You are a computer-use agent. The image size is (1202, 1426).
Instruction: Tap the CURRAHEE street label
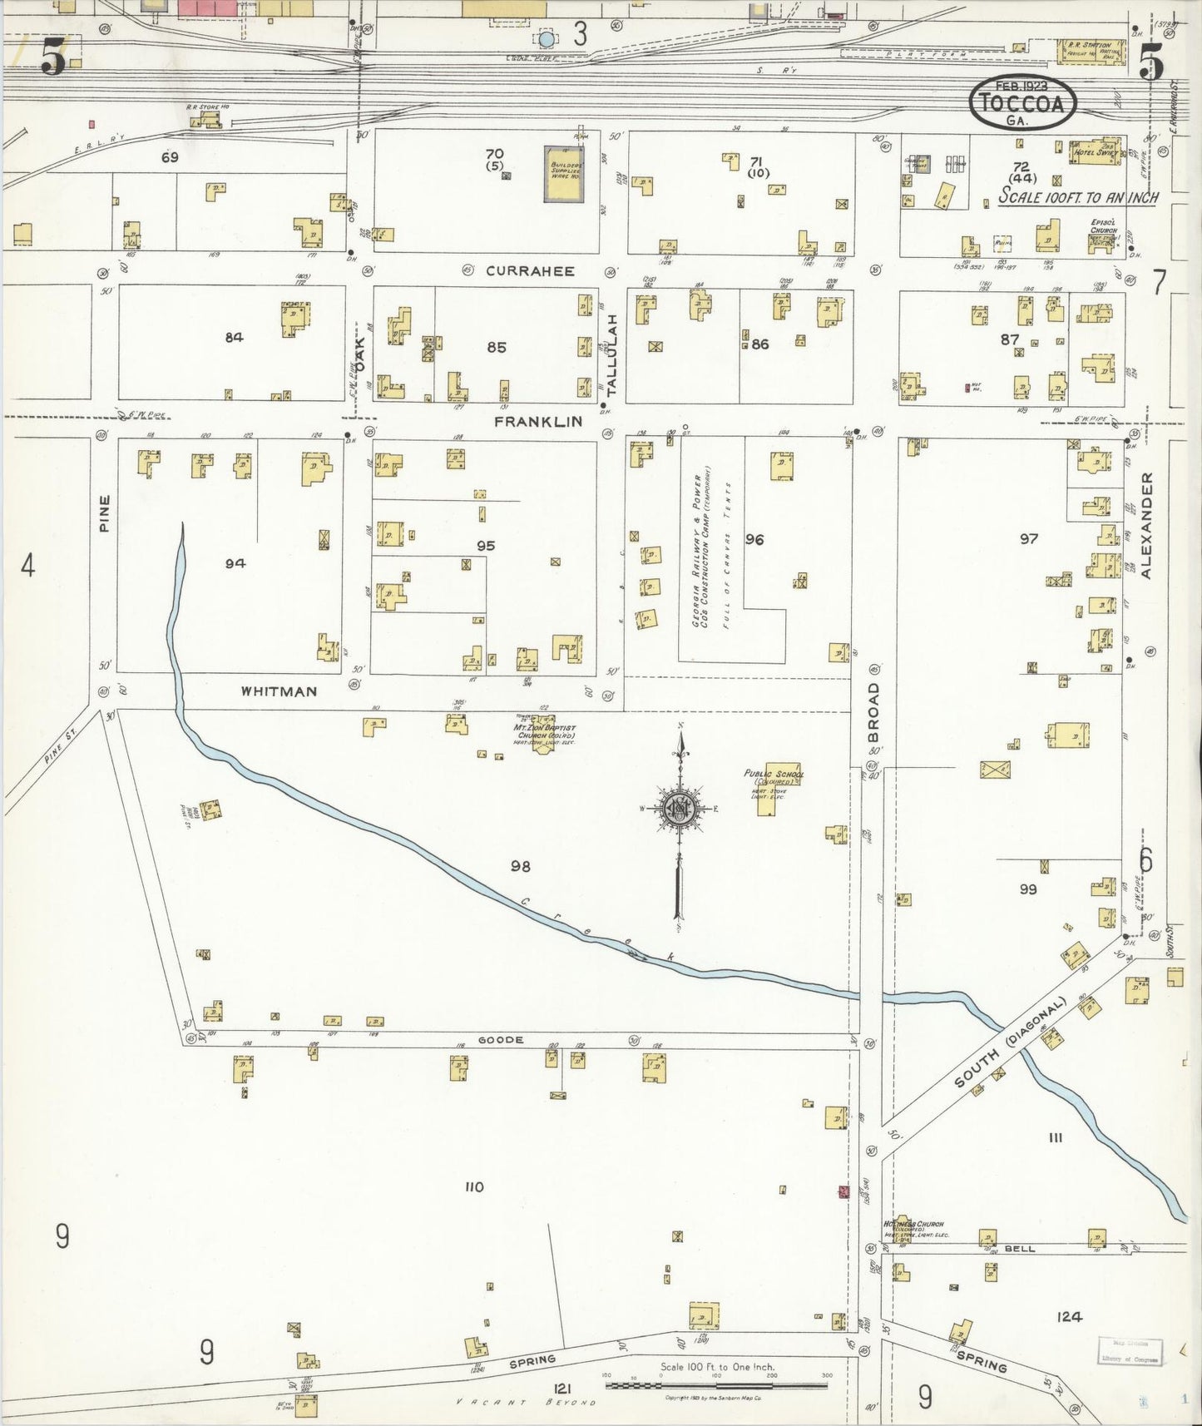[x=530, y=270]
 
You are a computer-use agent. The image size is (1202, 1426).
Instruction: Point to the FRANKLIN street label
[x=537, y=422]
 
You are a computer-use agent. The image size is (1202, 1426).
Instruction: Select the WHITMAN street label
[x=279, y=691]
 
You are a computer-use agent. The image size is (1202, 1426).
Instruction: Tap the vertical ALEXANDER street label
[x=1146, y=525]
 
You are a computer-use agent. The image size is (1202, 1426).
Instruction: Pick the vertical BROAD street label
[x=873, y=714]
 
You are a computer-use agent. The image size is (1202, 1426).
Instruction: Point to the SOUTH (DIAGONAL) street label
[x=1010, y=1043]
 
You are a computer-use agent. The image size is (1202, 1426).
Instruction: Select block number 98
[x=521, y=866]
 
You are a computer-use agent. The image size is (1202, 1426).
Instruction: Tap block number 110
[x=474, y=1187]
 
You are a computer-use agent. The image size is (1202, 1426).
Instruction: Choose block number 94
[x=235, y=563]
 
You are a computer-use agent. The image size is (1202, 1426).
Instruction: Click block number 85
[x=497, y=347]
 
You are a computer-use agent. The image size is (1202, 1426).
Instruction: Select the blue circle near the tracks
[x=546, y=38]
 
